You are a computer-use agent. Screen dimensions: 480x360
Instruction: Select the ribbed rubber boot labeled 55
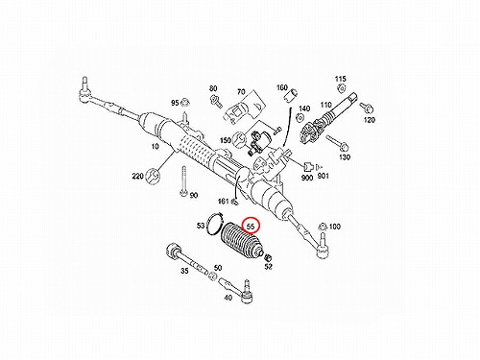coord(241,240)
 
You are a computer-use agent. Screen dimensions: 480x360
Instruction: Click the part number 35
coord(184,271)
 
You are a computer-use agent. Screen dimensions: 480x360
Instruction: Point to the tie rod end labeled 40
coord(238,290)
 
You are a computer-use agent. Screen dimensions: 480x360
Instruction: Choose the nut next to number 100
coord(324,227)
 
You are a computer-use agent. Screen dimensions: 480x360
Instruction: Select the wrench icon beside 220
coord(152,176)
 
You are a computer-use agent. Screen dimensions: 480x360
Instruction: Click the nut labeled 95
coord(184,103)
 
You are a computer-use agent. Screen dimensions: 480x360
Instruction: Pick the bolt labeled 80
coord(216,101)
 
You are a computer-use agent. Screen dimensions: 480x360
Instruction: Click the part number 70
coord(241,92)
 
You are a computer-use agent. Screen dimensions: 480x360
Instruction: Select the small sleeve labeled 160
coord(292,95)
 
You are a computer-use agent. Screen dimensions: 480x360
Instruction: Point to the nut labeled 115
coord(342,88)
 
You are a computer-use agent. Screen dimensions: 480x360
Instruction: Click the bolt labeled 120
coord(366,108)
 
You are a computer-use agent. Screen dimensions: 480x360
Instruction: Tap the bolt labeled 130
coord(337,142)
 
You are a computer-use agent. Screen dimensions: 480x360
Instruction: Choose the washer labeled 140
coord(300,117)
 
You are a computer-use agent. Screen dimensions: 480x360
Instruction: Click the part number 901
coord(323,176)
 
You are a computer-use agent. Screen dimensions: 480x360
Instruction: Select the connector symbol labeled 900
coord(308,167)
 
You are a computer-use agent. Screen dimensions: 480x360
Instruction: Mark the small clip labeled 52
coord(268,256)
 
